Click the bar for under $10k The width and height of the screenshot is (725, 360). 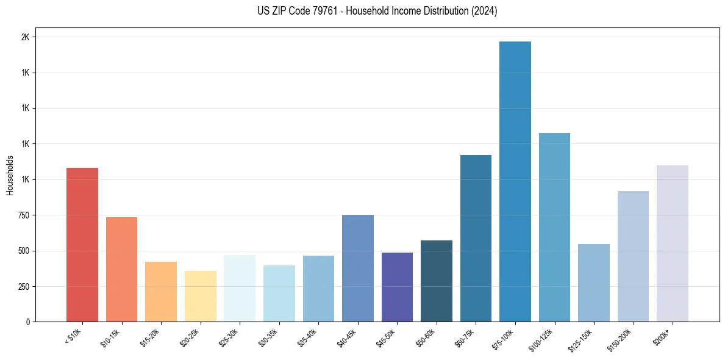coord(82,245)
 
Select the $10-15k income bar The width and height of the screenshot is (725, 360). coord(121,269)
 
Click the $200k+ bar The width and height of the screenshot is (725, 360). coord(672,243)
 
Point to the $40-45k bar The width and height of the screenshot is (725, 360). coord(357,268)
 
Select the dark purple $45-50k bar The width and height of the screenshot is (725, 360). coord(397,287)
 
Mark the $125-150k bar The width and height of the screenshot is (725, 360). coord(593,283)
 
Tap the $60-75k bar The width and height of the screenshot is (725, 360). coord(476,238)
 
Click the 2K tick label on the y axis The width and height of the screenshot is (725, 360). coord(25,37)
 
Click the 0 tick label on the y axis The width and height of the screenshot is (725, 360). coord(27,322)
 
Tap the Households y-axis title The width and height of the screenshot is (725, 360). coord(10,175)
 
